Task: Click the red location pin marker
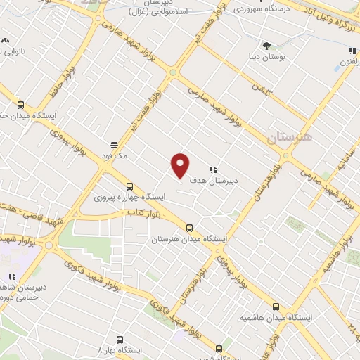coord(181,165)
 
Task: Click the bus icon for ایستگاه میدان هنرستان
coord(189,228)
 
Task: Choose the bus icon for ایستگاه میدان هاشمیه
coord(276,307)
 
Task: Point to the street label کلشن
coord(262,91)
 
